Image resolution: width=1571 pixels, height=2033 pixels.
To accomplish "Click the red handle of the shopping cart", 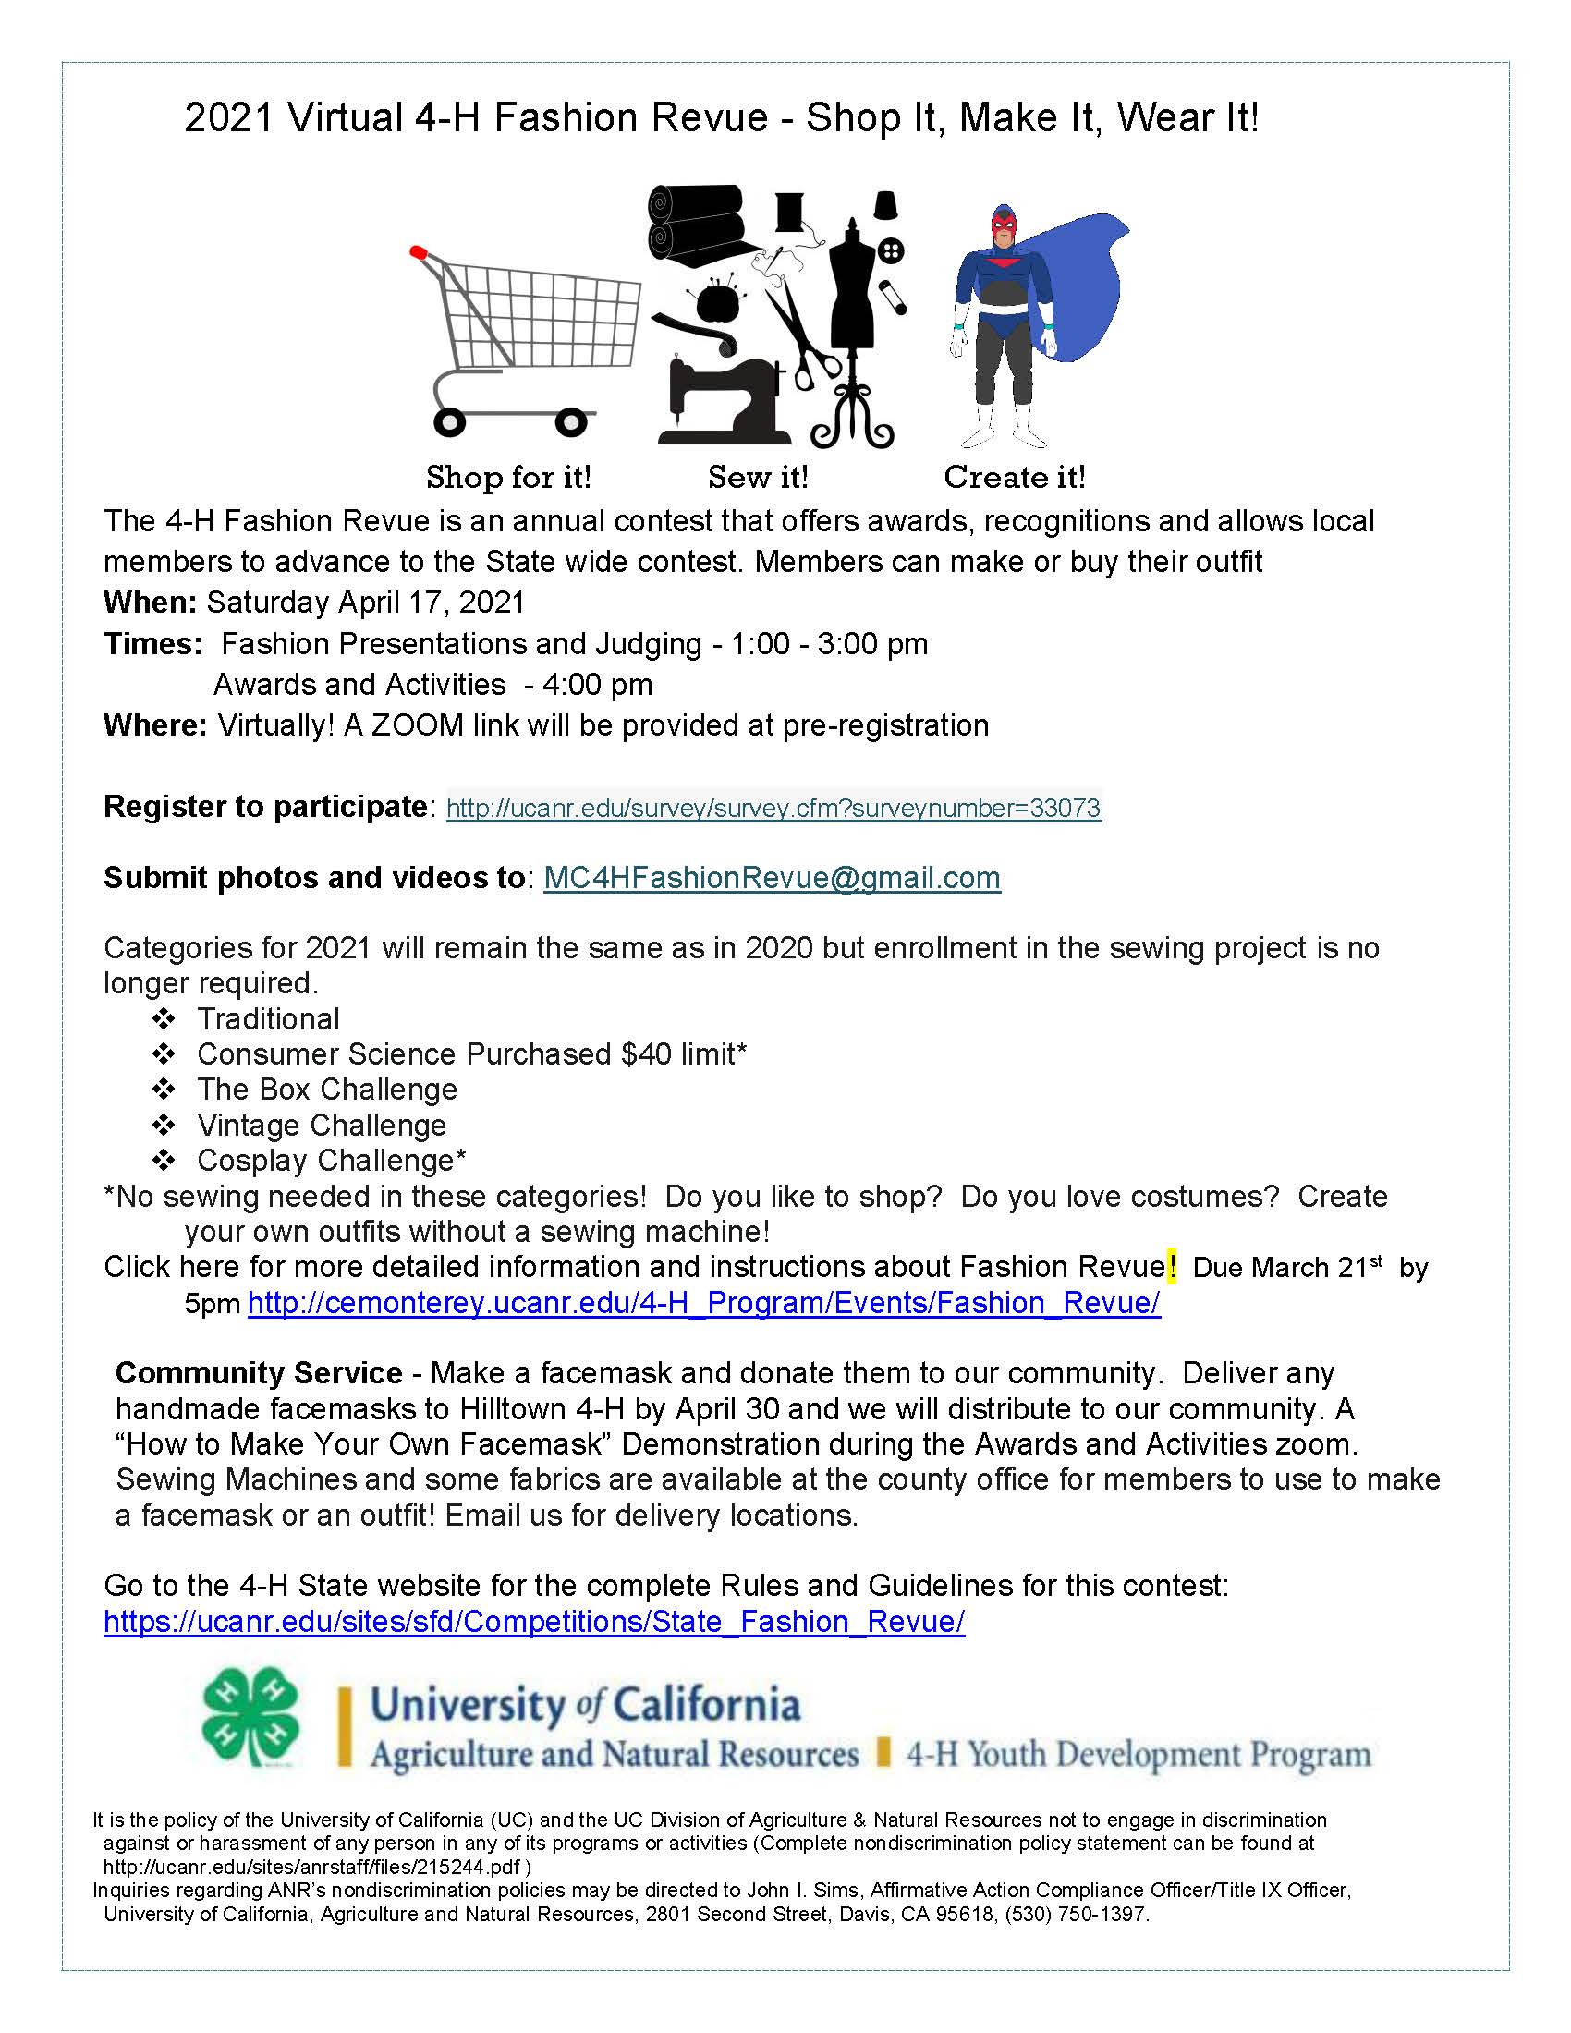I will point(418,251).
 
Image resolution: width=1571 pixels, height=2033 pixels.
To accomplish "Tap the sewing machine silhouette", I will point(722,401).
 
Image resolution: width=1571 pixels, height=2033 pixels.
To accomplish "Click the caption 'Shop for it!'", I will point(508,477).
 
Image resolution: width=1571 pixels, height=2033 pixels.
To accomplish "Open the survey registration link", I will point(773,808).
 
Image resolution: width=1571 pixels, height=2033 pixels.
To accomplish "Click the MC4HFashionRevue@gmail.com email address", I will point(772,878).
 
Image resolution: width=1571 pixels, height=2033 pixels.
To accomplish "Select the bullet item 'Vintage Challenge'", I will point(321,1126).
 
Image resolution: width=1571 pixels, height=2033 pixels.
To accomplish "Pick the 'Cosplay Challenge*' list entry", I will point(332,1161).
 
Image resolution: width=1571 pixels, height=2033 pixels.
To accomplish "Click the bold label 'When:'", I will point(150,603).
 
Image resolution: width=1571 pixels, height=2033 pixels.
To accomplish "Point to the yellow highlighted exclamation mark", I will point(1172,1267).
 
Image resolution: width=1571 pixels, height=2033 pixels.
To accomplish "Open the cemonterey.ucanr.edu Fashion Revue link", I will point(703,1303).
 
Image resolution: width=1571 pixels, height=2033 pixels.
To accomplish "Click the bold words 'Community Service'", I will point(259,1373).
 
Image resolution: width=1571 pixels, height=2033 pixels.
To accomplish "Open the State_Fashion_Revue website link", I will point(534,1622).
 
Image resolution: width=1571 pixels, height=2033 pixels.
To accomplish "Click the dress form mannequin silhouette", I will point(853,307).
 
